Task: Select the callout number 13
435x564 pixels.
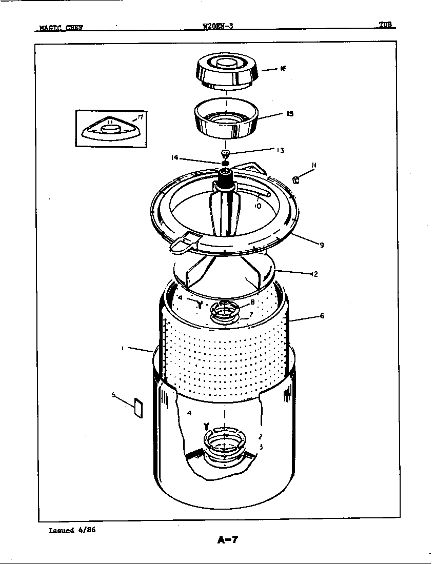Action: coord(280,150)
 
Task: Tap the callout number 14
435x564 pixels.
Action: coord(175,158)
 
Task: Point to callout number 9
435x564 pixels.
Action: coord(322,245)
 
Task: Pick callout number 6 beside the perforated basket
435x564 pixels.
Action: coord(322,316)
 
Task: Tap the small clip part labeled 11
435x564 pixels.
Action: coord(296,179)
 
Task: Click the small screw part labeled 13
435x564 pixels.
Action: coord(225,153)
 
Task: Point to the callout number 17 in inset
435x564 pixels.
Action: coord(140,117)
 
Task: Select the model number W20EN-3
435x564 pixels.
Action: coord(218,27)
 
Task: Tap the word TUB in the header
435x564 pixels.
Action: coord(386,25)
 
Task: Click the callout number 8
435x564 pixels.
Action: coord(252,302)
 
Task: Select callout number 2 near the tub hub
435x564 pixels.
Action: coord(261,437)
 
